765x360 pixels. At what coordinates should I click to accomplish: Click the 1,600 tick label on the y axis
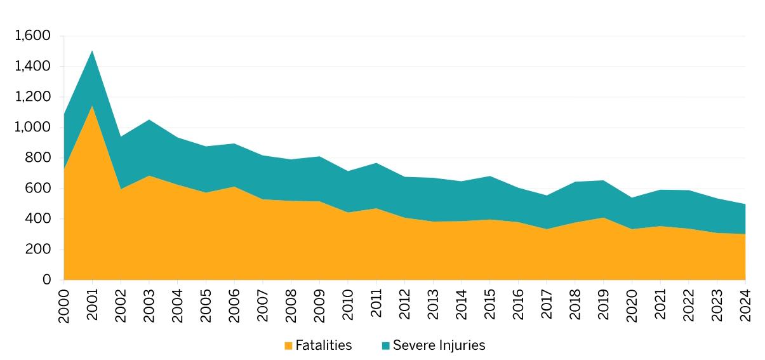click(32, 36)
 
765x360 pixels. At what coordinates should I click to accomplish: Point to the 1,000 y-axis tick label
click(32, 128)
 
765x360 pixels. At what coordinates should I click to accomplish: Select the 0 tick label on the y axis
click(46, 280)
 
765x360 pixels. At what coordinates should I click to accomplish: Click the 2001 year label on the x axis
click(93, 305)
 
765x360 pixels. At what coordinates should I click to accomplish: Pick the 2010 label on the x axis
click(348, 305)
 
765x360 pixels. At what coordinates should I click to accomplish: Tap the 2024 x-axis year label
click(745, 305)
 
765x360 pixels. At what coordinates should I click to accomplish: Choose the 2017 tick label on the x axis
click(547, 305)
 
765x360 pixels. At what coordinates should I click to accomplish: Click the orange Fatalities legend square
click(288, 346)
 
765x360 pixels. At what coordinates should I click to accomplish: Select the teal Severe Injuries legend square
click(385, 346)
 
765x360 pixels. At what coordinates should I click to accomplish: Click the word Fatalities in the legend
click(323, 345)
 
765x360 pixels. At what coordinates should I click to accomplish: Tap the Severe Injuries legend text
click(439, 345)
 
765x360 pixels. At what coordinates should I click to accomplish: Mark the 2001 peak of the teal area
click(93, 51)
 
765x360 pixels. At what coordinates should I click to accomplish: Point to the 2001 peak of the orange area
click(93, 106)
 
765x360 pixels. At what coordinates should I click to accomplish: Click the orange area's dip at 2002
click(121, 189)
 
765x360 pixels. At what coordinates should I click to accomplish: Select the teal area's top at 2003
click(149, 119)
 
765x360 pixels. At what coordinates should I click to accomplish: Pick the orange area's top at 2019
click(604, 218)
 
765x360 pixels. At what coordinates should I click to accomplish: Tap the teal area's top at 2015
click(490, 177)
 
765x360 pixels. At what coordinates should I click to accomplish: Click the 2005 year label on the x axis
click(206, 305)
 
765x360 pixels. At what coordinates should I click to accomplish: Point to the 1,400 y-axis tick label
click(32, 67)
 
